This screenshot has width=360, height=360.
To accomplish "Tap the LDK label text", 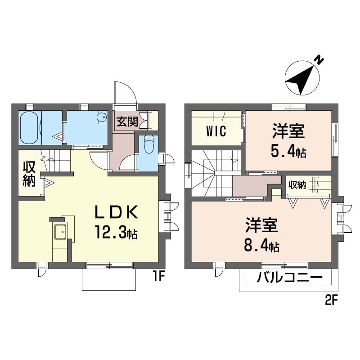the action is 117,212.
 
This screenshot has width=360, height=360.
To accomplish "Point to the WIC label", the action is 216,131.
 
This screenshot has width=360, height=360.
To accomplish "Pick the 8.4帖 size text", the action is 262,247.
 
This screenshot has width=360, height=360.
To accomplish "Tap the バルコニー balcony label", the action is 290,278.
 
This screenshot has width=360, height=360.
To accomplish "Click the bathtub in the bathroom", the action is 30,128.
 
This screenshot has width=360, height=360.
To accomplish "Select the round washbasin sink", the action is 102,117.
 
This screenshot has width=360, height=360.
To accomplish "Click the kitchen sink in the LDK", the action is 60,231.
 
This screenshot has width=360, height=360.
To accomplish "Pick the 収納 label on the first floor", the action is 29,174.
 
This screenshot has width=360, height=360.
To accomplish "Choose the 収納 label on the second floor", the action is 297,185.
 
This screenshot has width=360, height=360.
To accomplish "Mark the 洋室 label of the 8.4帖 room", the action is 262,226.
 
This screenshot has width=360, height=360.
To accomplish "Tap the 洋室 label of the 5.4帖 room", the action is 288,131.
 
